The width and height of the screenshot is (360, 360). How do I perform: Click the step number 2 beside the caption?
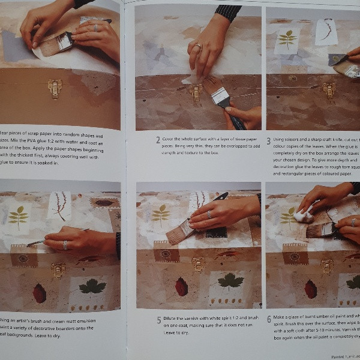coord(158,140)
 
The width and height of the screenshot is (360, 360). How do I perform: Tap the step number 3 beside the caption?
coord(269,139)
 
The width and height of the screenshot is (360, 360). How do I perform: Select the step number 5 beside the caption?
coord(158,319)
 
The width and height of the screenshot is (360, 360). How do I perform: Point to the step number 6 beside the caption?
coord(269,319)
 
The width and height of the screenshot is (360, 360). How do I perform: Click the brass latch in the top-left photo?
coord(55,89)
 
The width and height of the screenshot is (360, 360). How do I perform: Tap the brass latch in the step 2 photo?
coord(195,91)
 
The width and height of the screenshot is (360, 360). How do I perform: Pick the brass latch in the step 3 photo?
coord(329,91)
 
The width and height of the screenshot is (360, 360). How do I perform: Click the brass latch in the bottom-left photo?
coord(58,270)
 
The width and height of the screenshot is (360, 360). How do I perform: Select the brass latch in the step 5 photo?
coord(199,264)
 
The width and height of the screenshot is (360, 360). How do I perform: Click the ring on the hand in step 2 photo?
coord(197,46)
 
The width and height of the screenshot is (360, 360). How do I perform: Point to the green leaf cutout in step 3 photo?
coord(287,39)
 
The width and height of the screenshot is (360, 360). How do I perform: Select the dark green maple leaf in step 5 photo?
coord(230,280)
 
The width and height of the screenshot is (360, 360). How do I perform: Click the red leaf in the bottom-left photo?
coord(40,293)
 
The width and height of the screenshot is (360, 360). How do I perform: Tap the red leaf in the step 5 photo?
coord(181,286)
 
